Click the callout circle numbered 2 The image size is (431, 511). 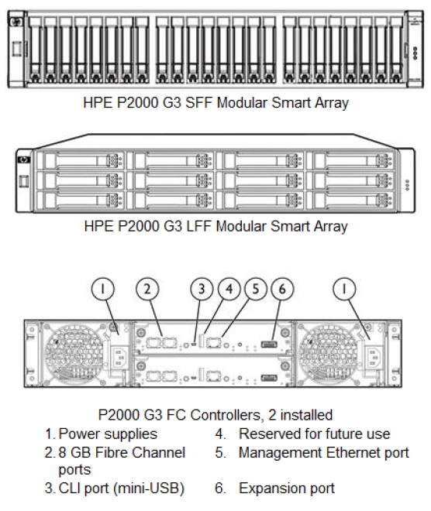tap(147, 289)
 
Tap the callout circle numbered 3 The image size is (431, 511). tap(202, 289)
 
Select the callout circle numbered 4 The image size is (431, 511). tap(229, 289)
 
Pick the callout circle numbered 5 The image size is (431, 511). tap(256, 289)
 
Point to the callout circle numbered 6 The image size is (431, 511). tap(282, 289)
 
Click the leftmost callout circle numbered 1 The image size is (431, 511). tap(103, 289)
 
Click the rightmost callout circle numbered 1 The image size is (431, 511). tap(344, 289)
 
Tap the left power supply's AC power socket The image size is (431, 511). tap(120, 356)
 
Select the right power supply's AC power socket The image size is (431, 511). tap(371, 356)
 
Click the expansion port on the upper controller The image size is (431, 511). tap(269, 344)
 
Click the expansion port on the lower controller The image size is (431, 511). tap(269, 377)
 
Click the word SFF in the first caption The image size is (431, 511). tap(198, 103)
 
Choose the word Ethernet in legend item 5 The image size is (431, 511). tap(352, 452)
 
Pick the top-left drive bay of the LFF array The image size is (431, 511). tap(80, 161)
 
